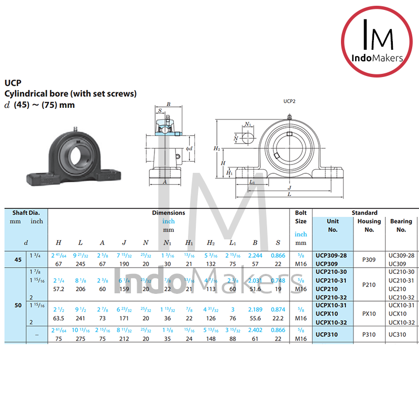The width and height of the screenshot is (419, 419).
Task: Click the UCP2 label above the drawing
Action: pyautogui.click(x=289, y=102)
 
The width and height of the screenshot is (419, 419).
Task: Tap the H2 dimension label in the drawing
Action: pyautogui.click(x=217, y=149)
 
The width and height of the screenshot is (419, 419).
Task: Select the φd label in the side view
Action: pyautogui.click(x=189, y=148)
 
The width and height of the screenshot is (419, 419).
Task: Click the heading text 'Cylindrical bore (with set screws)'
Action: pyautogui.click(x=70, y=94)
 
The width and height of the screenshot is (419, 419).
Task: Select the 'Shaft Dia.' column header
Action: pyautogui.click(x=26, y=213)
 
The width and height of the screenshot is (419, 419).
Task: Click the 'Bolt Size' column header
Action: pyautogui.click(x=301, y=217)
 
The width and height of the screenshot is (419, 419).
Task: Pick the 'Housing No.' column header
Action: pyautogui.click(x=369, y=225)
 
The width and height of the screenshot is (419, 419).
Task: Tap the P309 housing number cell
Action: pyautogui.click(x=369, y=259)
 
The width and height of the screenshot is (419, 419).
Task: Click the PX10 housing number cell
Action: pyautogui.click(x=369, y=314)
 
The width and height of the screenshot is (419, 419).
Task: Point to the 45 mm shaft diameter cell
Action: pyautogui.click(x=18, y=259)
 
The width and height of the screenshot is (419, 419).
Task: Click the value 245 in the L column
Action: pyautogui.click(x=80, y=263)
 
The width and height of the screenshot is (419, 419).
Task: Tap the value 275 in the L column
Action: pyautogui.click(x=80, y=338)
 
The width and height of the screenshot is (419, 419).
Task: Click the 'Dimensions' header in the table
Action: pyautogui.click(x=168, y=213)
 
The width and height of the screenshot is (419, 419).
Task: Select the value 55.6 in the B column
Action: pyautogui.click(x=256, y=318)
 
